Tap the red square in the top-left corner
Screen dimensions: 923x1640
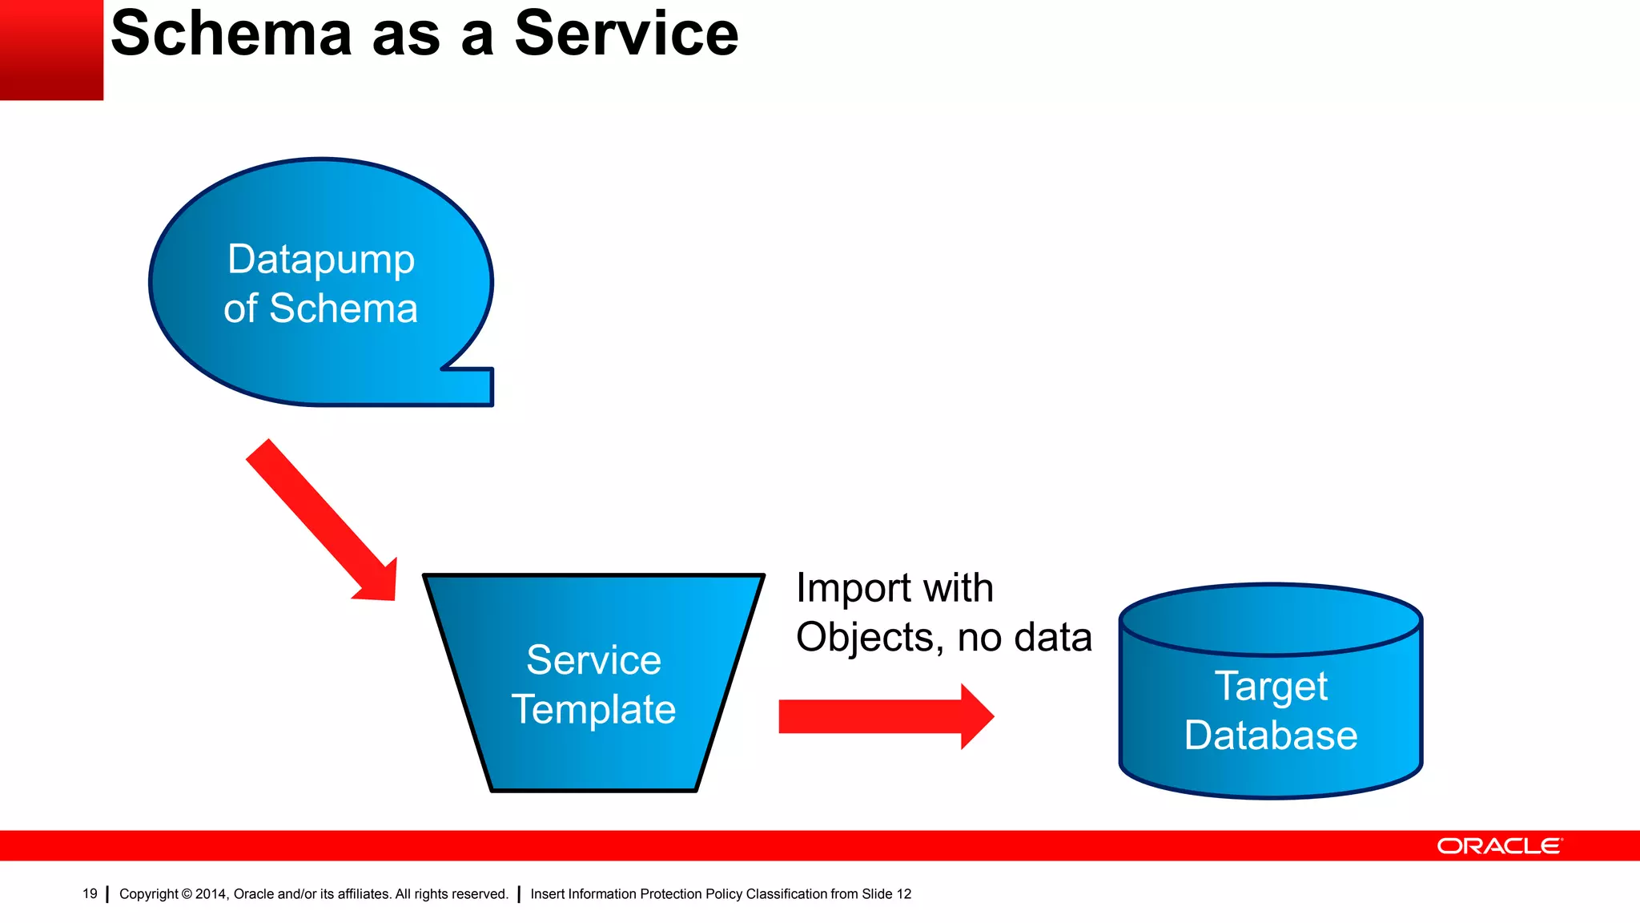click(50, 50)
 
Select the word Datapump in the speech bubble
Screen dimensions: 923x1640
click(321, 260)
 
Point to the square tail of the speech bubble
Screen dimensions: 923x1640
click(472, 386)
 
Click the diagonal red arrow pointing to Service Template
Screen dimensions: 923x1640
click(320, 519)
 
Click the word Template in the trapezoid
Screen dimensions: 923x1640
click(593, 710)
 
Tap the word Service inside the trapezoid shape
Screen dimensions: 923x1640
click(593, 660)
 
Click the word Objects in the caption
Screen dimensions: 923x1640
click(865, 638)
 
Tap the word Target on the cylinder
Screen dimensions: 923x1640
click(1271, 687)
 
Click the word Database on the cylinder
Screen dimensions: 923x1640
click(1271, 736)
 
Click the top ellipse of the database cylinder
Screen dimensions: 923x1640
click(1271, 619)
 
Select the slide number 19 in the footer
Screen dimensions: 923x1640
click(90, 893)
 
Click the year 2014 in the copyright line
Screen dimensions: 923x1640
click(211, 894)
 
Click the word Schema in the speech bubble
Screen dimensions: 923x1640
click(344, 309)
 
